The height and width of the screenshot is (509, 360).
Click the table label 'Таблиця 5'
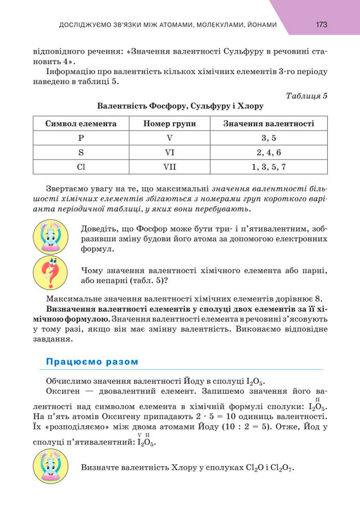tap(307, 95)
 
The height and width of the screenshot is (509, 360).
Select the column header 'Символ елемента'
tap(81, 124)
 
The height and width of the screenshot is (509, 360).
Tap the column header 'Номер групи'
tap(166, 124)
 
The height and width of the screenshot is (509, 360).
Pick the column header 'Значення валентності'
tap(268, 124)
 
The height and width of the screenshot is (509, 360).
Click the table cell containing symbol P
tap(81, 138)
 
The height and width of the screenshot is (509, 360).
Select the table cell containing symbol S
tap(81, 153)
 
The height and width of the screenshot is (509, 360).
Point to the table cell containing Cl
tap(81, 167)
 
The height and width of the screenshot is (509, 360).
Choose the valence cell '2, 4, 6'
tap(268, 153)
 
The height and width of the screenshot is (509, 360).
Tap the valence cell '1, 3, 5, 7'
tap(268, 167)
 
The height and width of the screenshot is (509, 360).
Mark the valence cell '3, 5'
tap(268, 138)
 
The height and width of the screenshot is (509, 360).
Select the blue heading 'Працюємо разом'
tap(92, 361)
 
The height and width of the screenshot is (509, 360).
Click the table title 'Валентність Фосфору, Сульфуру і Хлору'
tap(180, 106)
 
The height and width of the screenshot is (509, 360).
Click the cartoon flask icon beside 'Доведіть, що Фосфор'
tap(50, 237)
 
